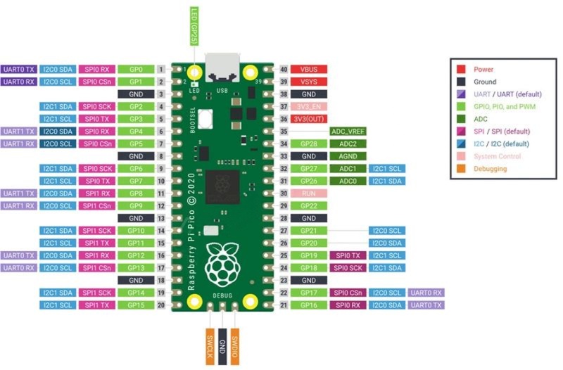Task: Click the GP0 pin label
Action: point(136,70)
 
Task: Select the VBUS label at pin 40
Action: point(309,70)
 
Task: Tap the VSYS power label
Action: point(309,82)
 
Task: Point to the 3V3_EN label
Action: point(309,106)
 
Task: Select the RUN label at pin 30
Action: point(309,192)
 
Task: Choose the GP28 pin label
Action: point(309,143)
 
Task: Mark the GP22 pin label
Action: point(309,205)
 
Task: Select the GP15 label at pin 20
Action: point(136,305)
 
